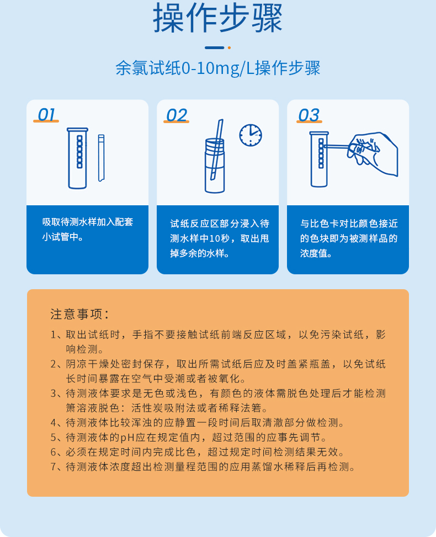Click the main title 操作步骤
[x=217, y=19]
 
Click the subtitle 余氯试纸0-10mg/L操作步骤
[x=217, y=68]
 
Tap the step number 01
[x=47, y=115]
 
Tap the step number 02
[x=177, y=115]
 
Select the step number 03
[x=309, y=115]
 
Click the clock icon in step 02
[x=251, y=135]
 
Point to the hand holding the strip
[x=375, y=152]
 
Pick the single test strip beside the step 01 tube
[x=102, y=158]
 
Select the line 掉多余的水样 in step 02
[x=200, y=254]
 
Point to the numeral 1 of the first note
[x=54, y=335]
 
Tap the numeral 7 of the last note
[x=54, y=467]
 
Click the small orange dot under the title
[x=229, y=48]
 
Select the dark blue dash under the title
[x=214, y=48]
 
